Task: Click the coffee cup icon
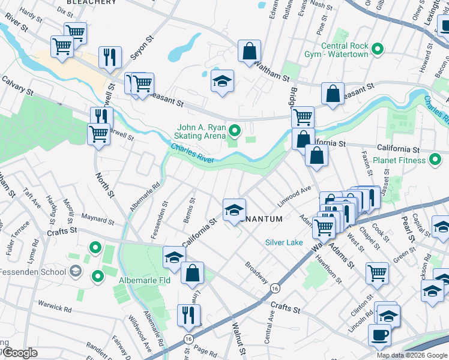click(x=379, y=335)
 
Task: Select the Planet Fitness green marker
click(x=436, y=160)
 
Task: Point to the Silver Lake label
click(x=285, y=242)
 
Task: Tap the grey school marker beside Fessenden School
click(x=75, y=272)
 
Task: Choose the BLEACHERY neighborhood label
click(x=91, y=2)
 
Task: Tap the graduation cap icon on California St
click(x=234, y=209)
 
